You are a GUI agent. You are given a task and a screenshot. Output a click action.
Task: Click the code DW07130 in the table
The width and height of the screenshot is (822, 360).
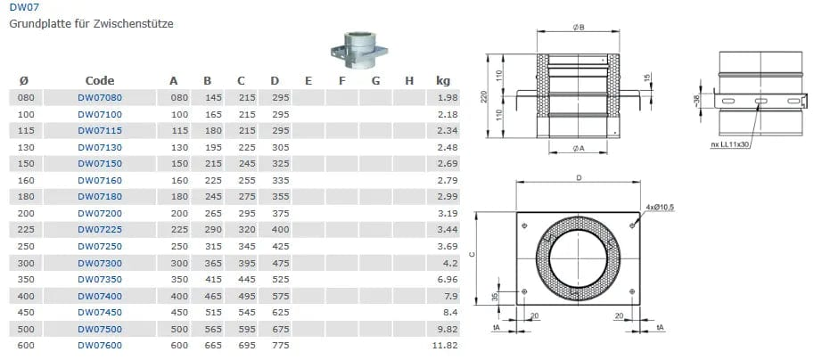point(100,147)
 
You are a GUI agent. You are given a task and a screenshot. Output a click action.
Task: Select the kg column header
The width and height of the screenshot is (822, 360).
point(443,81)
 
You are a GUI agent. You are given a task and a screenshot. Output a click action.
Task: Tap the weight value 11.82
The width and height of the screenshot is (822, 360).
point(448,346)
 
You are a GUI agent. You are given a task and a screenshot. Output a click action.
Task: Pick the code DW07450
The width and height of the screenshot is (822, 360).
point(100,312)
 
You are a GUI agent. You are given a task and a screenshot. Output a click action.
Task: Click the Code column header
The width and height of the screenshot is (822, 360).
point(100,81)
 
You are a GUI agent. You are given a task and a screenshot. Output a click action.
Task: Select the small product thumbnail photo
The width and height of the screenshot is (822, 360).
point(359,51)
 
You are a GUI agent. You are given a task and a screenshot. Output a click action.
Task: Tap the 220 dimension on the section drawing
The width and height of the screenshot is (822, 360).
point(484,96)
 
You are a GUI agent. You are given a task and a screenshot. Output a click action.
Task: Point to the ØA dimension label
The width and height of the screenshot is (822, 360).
point(579,150)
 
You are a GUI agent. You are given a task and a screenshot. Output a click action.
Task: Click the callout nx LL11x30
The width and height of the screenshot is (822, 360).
point(730,145)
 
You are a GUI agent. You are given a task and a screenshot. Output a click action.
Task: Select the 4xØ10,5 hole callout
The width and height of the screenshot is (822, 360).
point(660,208)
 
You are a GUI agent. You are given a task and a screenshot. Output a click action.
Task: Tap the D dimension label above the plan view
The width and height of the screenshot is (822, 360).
point(579,177)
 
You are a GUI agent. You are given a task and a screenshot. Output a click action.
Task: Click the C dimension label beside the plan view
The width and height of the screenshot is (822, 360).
point(472,255)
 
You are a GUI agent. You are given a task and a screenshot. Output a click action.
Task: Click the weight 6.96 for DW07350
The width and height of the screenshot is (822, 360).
point(448,279)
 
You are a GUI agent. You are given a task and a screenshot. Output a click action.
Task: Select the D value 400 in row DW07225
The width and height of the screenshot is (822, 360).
point(281,230)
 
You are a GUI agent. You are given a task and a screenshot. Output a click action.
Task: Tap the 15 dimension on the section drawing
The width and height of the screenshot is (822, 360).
point(646,78)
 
